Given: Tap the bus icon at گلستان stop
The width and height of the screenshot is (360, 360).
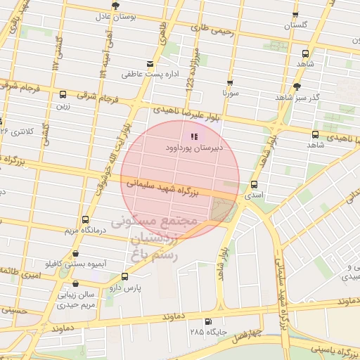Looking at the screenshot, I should pos(294,14).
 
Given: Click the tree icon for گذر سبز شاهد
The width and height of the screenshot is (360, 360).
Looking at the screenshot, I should pos(297,86).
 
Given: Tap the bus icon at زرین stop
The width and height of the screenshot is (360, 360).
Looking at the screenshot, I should pos(63,94).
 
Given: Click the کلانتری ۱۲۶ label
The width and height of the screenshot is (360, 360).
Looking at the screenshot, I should pos(17,131).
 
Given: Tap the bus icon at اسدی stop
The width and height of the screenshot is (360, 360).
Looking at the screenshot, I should pos(253,185).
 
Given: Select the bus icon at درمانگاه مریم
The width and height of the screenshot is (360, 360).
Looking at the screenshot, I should pos(85,219).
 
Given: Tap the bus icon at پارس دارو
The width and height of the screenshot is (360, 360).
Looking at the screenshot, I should pos(125,276).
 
